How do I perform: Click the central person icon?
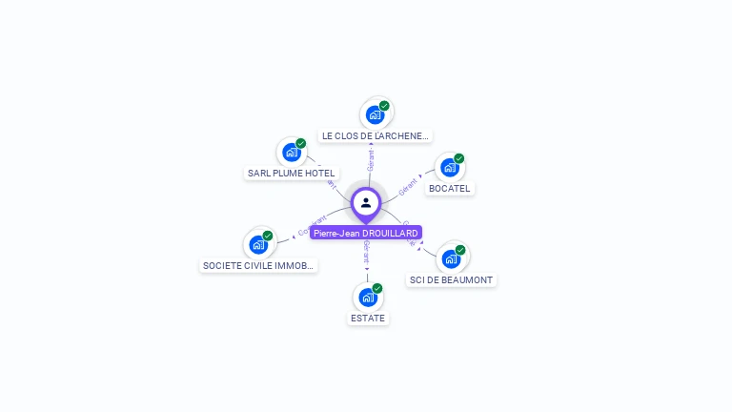coord(366,203)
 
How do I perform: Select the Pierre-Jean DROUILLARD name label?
coord(366,233)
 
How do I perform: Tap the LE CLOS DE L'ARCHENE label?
coord(376,136)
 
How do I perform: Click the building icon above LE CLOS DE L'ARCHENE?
coord(375,115)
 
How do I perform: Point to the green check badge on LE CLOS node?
coord(384,106)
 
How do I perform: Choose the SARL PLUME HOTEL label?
coord(291,174)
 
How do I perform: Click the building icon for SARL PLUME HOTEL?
coord(291,153)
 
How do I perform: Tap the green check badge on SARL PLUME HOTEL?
coord(300,143)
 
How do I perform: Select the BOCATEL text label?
coord(449,189)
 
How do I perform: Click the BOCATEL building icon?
coord(449,168)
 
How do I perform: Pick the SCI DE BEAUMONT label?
coord(451,280)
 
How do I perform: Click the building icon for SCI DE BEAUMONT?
coord(451,258)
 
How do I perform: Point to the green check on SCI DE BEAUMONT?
coord(460,250)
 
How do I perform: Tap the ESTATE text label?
coord(368,319)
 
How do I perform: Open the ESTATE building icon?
coord(368,297)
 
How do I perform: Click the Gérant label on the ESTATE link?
coord(367,252)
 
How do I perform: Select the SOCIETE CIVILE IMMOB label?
coord(258,266)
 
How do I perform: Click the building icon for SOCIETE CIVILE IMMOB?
coord(258,244)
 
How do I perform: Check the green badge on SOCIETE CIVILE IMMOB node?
coord(268,236)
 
